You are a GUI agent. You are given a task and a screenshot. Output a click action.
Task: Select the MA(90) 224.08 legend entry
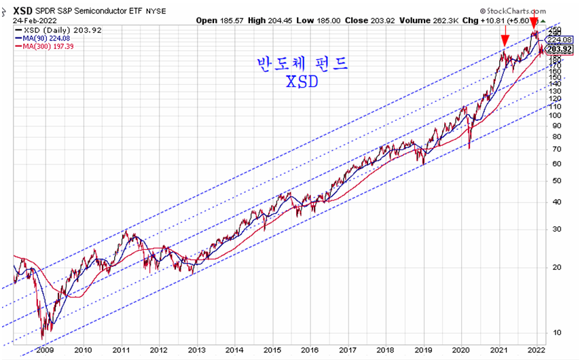click(x=47, y=39)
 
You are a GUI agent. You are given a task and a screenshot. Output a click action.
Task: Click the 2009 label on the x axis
click(x=44, y=350)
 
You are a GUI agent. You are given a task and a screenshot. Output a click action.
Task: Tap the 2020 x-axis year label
click(x=462, y=350)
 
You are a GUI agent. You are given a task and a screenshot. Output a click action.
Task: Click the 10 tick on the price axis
click(x=555, y=332)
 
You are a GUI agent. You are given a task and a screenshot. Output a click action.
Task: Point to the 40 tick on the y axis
click(x=555, y=202)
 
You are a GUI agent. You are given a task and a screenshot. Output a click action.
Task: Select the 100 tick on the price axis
click(x=555, y=115)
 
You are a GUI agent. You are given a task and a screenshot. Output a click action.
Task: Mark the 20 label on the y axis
click(x=555, y=267)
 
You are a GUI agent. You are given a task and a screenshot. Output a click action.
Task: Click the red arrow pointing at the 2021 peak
click(x=505, y=39)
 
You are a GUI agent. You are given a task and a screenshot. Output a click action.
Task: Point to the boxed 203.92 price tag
click(x=560, y=49)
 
